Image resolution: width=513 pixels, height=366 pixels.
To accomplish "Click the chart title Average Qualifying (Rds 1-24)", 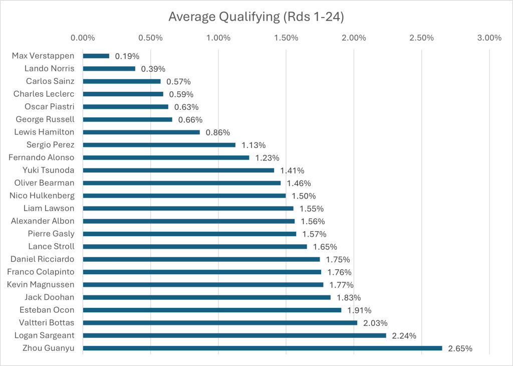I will coord(256,17).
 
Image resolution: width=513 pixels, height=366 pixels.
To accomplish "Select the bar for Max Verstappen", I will coord(96,56).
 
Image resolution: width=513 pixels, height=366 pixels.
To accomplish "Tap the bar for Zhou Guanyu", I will coord(263,348).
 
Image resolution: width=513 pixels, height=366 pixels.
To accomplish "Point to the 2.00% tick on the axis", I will coord(354,38).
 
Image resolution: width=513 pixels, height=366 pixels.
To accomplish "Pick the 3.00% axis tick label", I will coord(489,38).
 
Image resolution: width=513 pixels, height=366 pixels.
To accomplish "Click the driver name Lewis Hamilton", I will coord(45,132).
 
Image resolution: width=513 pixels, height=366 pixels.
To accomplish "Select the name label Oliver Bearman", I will coord(44,183).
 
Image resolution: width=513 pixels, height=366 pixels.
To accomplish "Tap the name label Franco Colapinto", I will coord(41,272).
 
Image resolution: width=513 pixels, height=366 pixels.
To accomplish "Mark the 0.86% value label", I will coord(218,132).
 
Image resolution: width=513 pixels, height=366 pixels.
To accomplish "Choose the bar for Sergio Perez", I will coord(159,145).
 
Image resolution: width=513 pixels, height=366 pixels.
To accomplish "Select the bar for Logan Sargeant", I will coord(234,335).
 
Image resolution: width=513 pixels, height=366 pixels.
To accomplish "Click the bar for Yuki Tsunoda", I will coord(178,170).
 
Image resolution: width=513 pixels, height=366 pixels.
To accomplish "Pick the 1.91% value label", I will coord(359,310).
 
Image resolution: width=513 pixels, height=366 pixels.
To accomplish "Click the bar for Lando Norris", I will coord(109,68).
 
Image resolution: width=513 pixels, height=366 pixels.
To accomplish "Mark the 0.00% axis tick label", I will coord(83,38).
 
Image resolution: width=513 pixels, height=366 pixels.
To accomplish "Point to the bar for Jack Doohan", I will coord(206,297).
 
